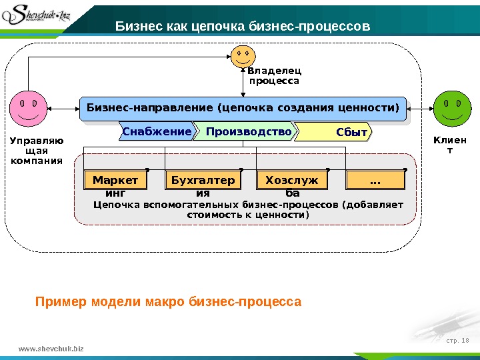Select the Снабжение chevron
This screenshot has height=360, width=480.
[156, 132]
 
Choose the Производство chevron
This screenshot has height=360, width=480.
[247, 132]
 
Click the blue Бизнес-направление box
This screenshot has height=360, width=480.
[243, 107]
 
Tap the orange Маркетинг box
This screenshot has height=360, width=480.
[115, 180]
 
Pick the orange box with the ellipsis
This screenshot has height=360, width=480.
[375, 180]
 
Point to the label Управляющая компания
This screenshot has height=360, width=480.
[37, 150]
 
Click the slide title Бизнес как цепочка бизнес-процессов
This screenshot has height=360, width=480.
[243, 26]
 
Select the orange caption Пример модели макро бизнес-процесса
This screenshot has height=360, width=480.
[168, 303]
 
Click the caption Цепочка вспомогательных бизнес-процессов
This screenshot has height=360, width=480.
[249, 210]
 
